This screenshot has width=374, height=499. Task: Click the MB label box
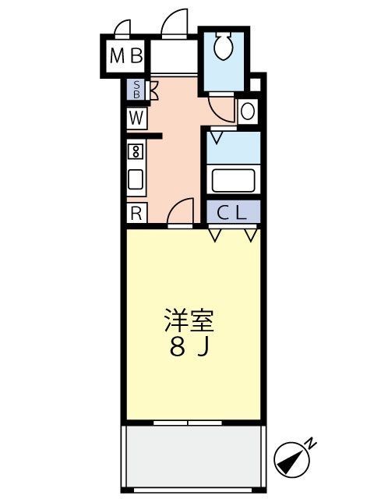[x=125, y=56]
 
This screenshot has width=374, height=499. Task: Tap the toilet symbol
[x=223, y=46]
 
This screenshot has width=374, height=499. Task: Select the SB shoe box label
[x=136, y=90]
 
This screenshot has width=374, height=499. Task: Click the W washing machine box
[x=136, y=119]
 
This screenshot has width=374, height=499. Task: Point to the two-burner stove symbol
[x=136, y=151]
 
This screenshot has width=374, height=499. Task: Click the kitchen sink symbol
[x=136, y=181]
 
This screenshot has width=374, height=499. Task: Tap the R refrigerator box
[x=136, y=212]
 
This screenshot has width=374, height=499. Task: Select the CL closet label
[x=232, y=211]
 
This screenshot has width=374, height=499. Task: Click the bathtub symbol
[x=232, y=180]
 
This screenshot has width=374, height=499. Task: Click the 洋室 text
[x=189, y=320]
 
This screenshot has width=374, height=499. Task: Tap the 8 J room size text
[x=189, y=348]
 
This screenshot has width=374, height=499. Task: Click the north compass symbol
[x=292, y=460]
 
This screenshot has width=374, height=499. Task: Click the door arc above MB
[x=123, y=29]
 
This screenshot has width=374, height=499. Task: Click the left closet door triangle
[x=216, y=232]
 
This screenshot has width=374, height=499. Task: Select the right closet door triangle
[x=250, y=232]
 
